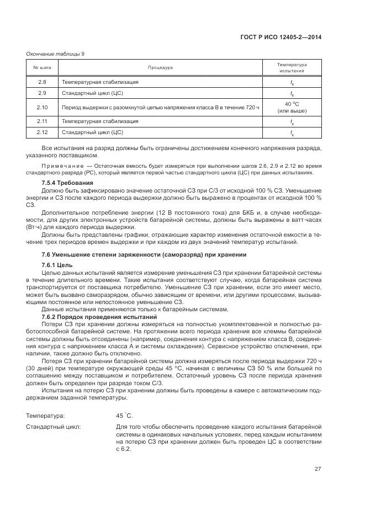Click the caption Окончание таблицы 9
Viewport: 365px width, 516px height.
point(55,54)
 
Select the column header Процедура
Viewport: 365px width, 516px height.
point(160,68)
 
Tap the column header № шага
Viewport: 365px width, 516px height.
point(42,68)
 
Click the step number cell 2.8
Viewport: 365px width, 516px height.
point(42,82)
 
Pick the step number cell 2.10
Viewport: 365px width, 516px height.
point(42,107)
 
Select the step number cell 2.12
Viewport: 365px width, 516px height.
point(42,132)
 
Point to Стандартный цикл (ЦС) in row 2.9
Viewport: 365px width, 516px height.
point(92,93)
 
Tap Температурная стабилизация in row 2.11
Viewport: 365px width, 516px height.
point(100,121)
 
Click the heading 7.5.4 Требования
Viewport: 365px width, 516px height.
point(67,183)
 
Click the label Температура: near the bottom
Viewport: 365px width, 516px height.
point(45,415)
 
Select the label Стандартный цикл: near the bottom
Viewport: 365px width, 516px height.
point(54,427)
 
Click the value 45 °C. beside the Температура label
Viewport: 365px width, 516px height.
point(124,415)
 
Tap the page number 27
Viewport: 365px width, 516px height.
point(318,469)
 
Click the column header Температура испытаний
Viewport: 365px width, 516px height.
point(292,68)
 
